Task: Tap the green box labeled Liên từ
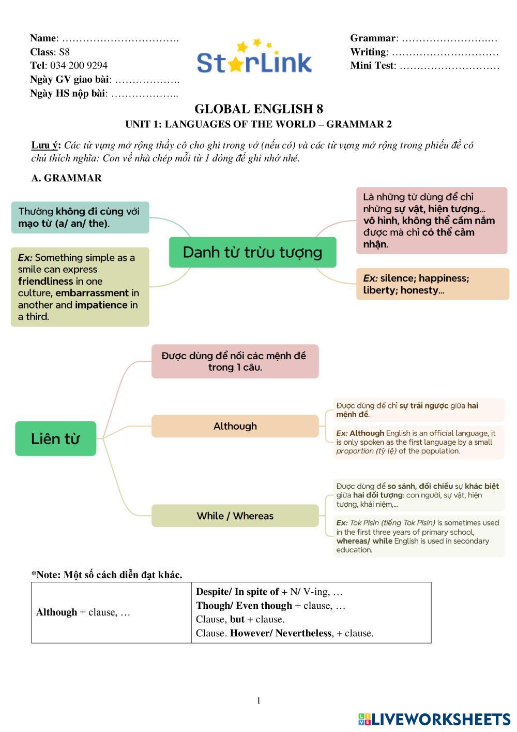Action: pos(56,438)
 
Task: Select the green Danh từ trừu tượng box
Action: pos(252,252)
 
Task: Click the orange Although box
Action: pos(235,426)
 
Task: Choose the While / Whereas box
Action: pos(235,516)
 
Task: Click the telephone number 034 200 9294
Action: pos(79,65)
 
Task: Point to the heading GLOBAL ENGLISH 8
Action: pos(258,109)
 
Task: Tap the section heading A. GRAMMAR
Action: pos(66,178)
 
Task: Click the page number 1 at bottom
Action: pos(258,701)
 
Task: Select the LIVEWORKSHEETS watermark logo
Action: pos(434,719)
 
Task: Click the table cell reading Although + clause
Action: pos(83,612)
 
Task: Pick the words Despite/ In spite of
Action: pos(237,592)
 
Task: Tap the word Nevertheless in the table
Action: pos(303,633)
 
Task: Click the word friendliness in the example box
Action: pos(45,281)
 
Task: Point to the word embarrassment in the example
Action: pos(92,293)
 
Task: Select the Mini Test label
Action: pos(372,66)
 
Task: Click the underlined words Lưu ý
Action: pos(45,145)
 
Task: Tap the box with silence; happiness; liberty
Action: pos(432,284)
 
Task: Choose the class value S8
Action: pos(64,52)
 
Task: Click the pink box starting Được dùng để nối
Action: pos(235,361)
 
